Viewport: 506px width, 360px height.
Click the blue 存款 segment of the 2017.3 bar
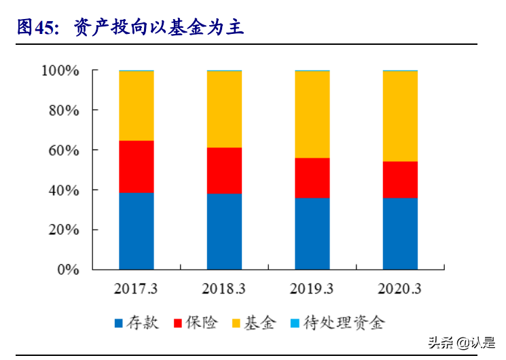tap(137, 231)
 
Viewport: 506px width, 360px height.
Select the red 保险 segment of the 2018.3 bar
tap(225, 170)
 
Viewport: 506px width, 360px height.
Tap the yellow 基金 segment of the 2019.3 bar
tap(312, 115)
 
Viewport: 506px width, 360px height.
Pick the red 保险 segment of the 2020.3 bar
tap(400, 179)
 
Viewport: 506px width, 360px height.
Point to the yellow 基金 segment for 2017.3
tap(137, 106)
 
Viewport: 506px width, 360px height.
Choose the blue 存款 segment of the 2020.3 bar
tap(400, 234)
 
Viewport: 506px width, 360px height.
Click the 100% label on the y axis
tap(60, 71)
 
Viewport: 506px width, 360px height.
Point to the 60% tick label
tap(64, 150)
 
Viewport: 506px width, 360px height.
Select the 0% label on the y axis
tap(67, 270)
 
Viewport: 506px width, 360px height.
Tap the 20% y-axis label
tap(64, 230)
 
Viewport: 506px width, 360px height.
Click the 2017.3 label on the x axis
tap(137, 289)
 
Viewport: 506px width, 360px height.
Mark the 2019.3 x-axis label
tap(312, 289)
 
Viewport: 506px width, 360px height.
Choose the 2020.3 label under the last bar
tap(400, 289)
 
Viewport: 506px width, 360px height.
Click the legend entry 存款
tap(136, 323)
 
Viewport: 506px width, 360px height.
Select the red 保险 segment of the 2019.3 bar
tap(312, 178)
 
